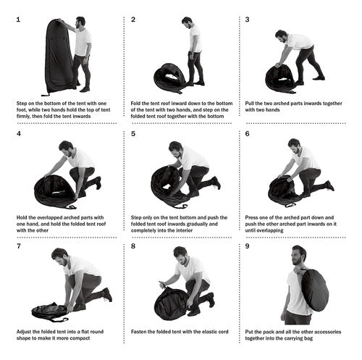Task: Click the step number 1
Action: [18, 20]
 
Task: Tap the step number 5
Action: [133, 134]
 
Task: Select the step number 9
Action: [247, 246]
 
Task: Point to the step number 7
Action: [19, 246]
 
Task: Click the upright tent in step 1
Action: [59, 57]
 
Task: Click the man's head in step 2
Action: [187, 22]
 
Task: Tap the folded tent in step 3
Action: [280, 78]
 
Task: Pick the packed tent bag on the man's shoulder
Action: [314, 290]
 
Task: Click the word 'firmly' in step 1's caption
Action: [23, 116]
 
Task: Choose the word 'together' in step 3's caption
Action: [332, 104]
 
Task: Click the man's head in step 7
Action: [59, 256]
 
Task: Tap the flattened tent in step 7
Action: [49, 311]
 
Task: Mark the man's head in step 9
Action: [299, 255]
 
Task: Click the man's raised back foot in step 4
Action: [98, 183]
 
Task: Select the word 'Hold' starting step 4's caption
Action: [22, 217]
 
